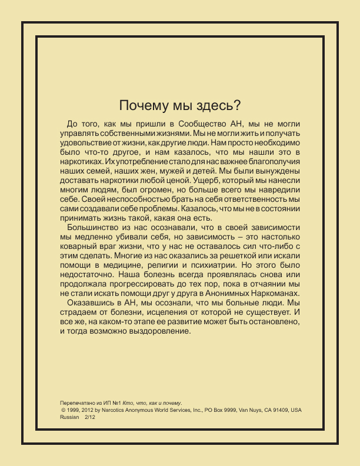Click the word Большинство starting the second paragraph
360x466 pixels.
click(94, 227)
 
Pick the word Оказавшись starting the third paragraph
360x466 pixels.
click(91, 303)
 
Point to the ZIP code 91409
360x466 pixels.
click(278, 409)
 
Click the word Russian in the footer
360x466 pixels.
click(70, 416)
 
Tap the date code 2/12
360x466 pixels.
click(90, 416)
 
